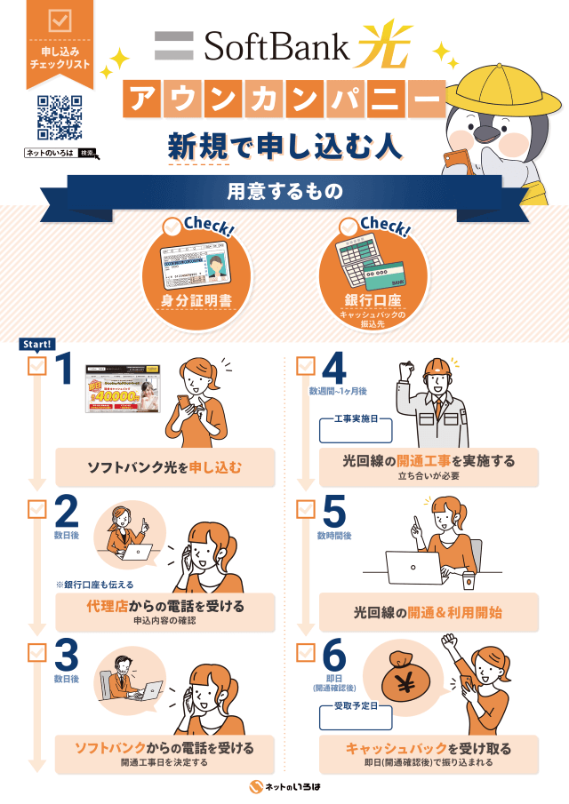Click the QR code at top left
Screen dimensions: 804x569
(x=60, y=118)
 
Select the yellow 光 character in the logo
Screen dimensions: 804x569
(x=384, y=47)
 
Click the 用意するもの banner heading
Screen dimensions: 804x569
(x=284, y=190)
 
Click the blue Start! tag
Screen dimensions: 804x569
(x=36, y=345)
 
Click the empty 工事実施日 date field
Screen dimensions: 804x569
(x=356, y=431)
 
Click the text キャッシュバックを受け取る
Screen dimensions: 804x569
(x=429, y=748)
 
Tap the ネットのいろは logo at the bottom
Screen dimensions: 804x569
(x=284, y=787)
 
